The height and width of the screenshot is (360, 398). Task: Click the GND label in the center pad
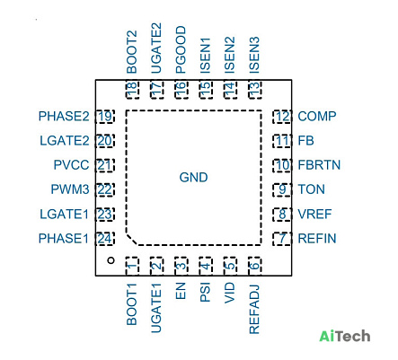point(193,178)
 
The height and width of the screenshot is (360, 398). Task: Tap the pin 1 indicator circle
point(111,260)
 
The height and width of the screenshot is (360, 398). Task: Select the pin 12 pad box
point(282,117)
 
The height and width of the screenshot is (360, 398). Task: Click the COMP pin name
point(317,117)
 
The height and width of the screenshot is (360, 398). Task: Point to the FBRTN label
point(319,165)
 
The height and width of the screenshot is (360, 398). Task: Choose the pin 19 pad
point(105,117)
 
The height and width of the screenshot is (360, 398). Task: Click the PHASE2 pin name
point(64,117)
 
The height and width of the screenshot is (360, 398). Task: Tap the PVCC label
point(71,165)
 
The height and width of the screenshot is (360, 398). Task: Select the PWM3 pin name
point(70,189)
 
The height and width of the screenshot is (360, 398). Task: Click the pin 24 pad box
point(105,239)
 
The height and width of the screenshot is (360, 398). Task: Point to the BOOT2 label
point(131,52)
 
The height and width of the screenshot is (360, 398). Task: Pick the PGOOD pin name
point(181,49)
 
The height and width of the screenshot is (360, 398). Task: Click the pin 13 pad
point(254,90)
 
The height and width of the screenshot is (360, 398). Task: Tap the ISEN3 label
point(254,55)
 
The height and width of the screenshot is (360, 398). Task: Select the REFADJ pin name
point(254,310)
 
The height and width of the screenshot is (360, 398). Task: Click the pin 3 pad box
point(181,266)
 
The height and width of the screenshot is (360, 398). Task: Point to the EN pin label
point(181,291)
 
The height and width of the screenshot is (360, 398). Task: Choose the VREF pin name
point(314,215)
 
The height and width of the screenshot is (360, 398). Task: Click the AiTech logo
point(345,336)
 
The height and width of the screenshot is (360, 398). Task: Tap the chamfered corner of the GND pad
point(132,240)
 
